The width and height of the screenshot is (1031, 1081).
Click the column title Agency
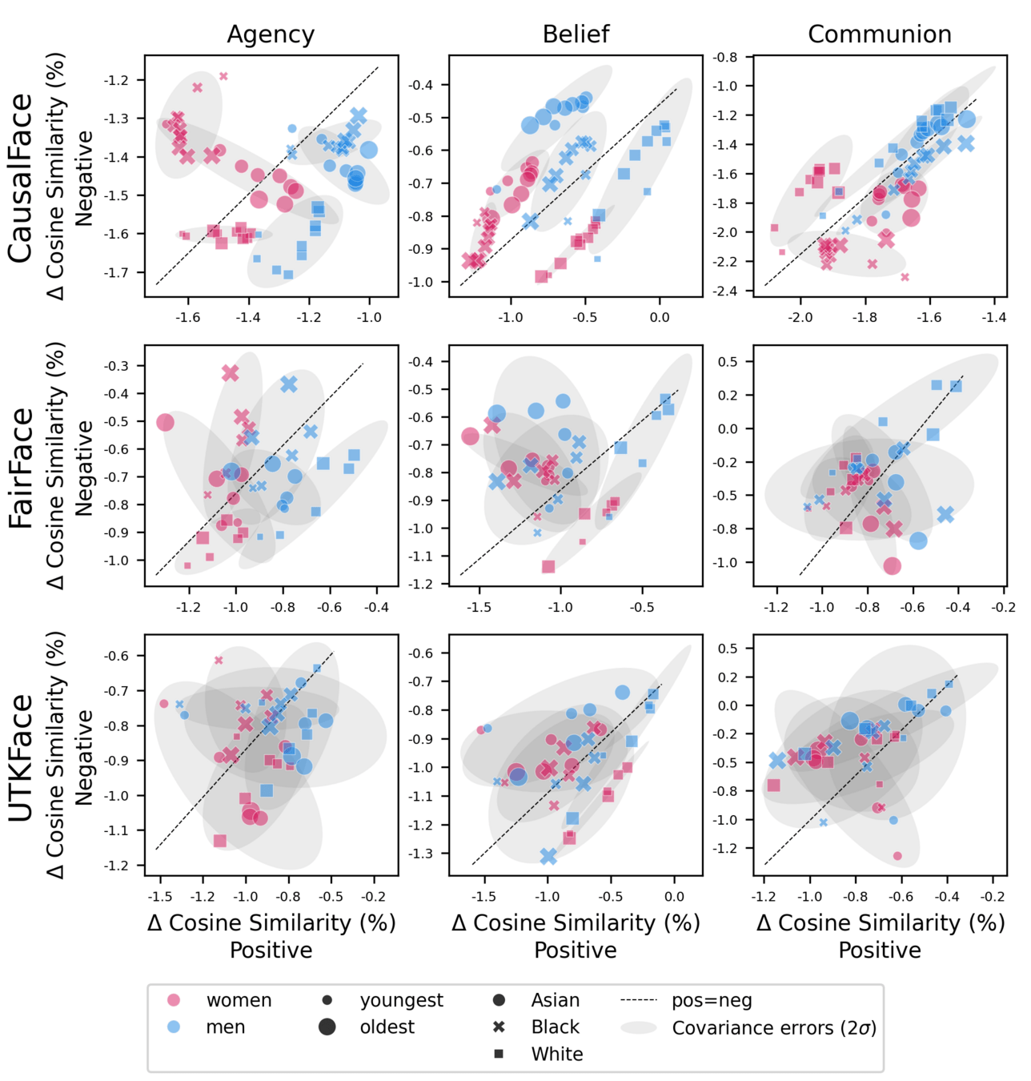click(271, 34)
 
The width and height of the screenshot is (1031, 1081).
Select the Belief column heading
click(576, 34)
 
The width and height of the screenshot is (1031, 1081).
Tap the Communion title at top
click(880, 34)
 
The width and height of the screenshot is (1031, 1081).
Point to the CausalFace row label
click(22, 178)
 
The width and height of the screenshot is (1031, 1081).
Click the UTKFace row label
click(22, 757)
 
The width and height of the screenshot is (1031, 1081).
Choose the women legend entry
click(239, 1000)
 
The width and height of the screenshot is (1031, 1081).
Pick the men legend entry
click(225, 1027)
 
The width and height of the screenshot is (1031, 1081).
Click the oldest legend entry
click(387, 1027)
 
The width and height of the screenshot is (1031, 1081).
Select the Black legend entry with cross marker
click(555, 1027)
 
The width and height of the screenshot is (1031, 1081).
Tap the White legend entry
click(556, 1054)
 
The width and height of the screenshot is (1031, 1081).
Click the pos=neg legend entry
click(712, 1000)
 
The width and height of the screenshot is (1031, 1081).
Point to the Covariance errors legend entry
click(773, 1028)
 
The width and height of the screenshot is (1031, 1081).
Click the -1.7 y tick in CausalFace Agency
click(116, 273)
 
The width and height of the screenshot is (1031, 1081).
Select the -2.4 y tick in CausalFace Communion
click(725, 291)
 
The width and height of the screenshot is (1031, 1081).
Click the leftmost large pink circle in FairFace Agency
click(165, 422)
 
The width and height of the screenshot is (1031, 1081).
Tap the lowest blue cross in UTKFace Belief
click(548, 857)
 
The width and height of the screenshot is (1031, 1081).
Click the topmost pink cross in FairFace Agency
click(231, 372)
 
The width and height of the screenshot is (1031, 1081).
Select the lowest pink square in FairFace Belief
click(548, 567)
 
